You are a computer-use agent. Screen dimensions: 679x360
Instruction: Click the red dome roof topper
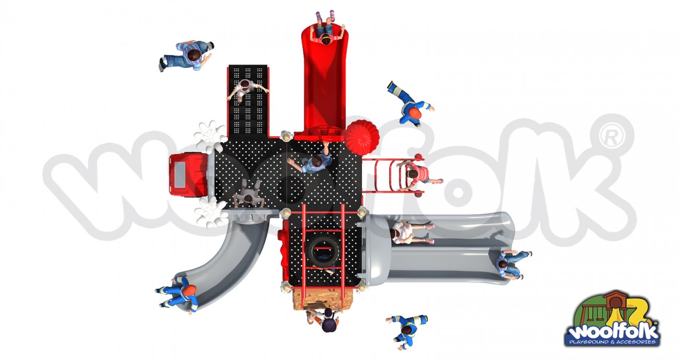pos(361,138)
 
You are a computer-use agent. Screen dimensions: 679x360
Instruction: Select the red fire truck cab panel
pos(189,175)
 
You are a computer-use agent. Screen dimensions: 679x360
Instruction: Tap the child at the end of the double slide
pos(513,264)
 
